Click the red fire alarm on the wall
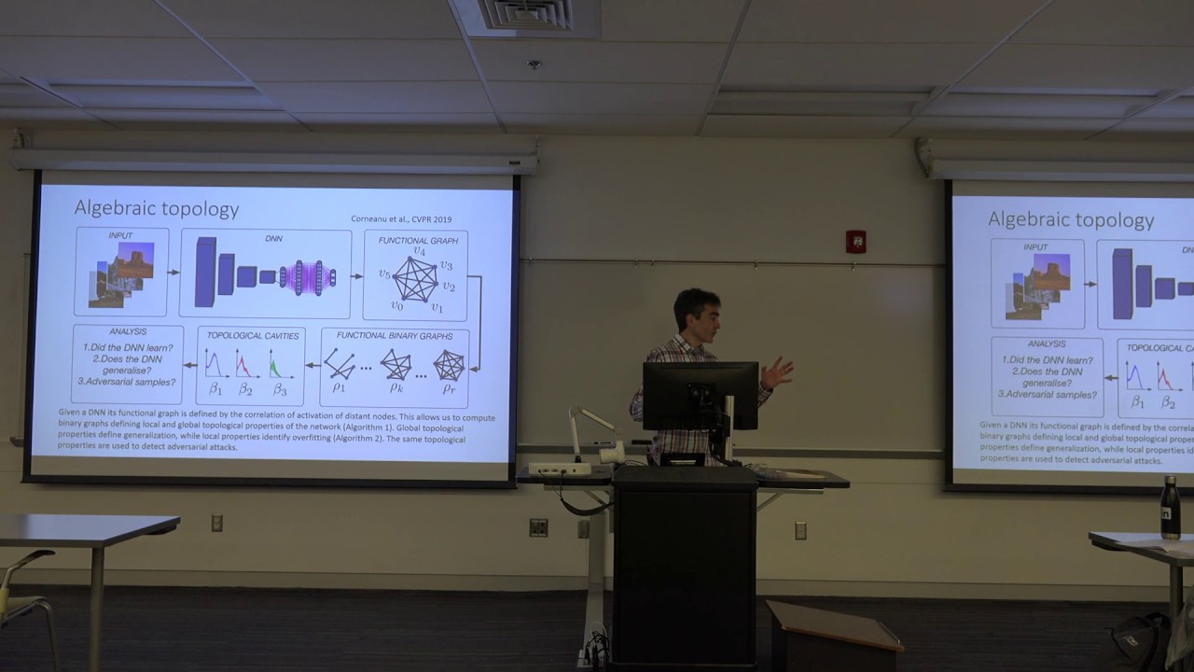coord(855,242)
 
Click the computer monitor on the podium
coord(700,396)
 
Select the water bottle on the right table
coord(1170,509)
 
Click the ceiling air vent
coord(527,15)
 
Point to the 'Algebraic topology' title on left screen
coord(157,208)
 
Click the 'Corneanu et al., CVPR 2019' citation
coord(401,218)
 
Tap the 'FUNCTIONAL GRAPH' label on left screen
coord(418,240)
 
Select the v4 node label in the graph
coord(420,252)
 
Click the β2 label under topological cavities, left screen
coord(245,388)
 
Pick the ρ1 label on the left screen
coord(339,386)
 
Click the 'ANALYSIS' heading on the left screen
coord(128,331)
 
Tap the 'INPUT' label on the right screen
coord(1035,247)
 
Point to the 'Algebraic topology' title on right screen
coord(1071,220)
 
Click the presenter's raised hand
coord(776,373)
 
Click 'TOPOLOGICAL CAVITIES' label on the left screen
coord(253,334)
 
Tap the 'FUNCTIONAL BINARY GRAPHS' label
coord(395,335)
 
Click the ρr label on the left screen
coord(449,387)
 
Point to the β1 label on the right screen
coord(1137,402)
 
